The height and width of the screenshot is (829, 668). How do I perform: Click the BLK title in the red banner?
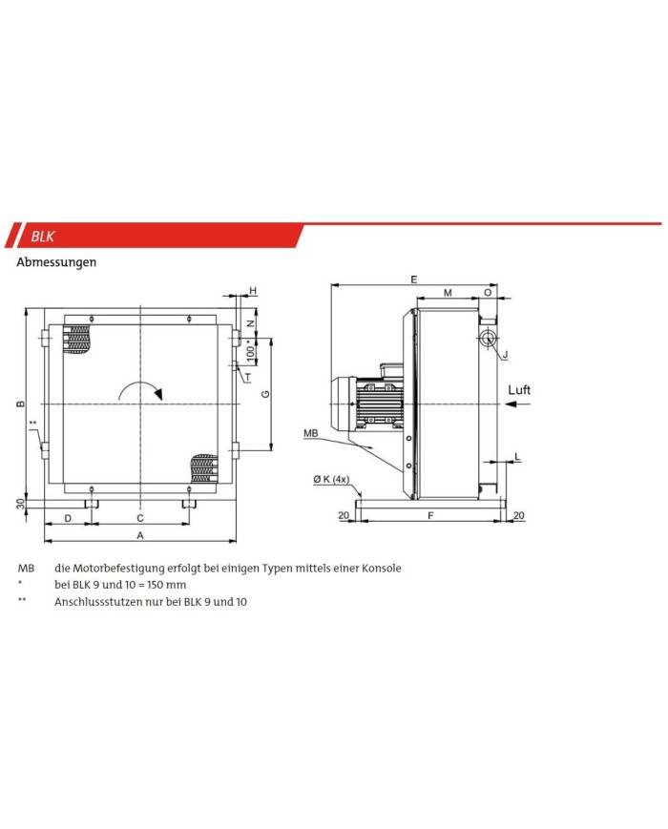[42, 236]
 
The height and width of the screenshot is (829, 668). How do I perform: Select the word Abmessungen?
[56, 262]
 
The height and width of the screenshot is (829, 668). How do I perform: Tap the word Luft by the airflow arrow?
[519, 389]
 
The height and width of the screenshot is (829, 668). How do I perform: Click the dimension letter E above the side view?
[414, 280]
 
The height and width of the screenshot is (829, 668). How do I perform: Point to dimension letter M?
[448, 292]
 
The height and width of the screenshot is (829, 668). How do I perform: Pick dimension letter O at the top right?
[488, 292]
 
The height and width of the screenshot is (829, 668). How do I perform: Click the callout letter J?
[505, 354]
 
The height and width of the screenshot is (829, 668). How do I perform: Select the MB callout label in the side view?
[310, 433]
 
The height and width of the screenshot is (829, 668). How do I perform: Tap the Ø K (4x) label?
[331, 479]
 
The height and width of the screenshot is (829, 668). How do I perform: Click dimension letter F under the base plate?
[430, 515]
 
